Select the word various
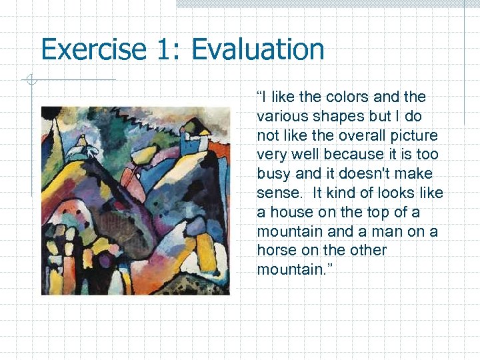278,117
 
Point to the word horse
275,251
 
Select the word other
368,251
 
